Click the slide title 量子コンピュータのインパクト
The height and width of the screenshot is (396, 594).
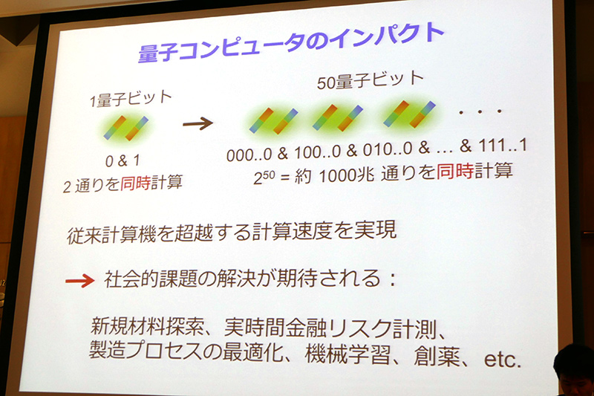[291, 45]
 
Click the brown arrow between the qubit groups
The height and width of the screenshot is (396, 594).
[198, 123]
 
